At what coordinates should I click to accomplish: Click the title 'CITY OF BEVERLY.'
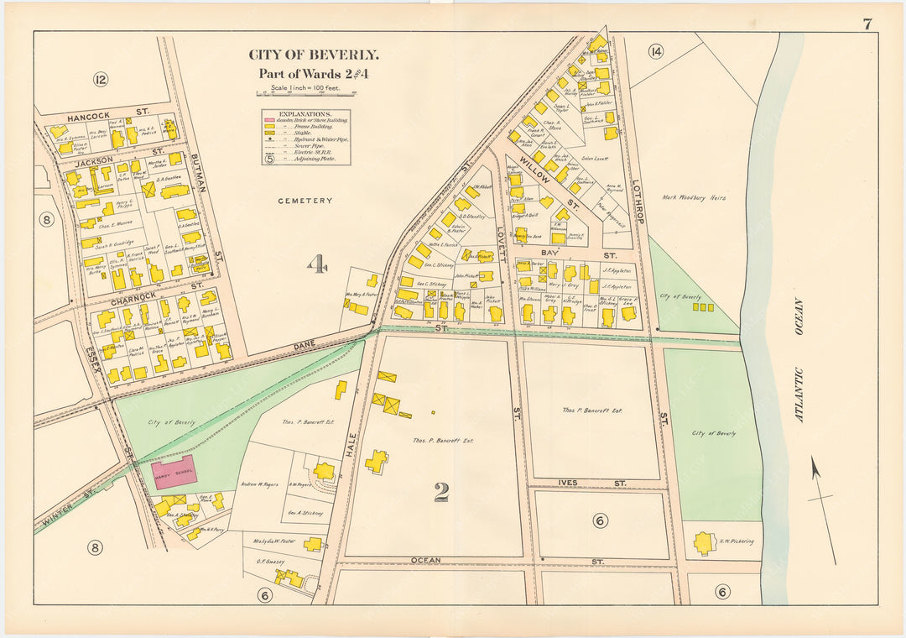(x=313, y=55)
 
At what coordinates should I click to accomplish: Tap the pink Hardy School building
(x=174, y=473)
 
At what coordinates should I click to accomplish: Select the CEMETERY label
(x=305, y=201)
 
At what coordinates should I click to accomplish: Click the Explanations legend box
(x=305, y=137)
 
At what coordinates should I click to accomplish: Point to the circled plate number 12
(x=101, y=80)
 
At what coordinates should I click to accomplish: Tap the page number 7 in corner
(x=867, y=24)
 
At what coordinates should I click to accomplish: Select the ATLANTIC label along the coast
(x=799, y=395)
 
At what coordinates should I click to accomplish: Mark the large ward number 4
(x=315, y=267)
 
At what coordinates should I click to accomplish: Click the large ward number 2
(x=441, y=493)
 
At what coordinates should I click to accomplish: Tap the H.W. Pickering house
(x=705, y=543)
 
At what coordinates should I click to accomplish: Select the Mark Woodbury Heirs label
(x=693, y=198)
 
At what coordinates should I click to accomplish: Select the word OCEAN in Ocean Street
(x=426, y=560)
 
